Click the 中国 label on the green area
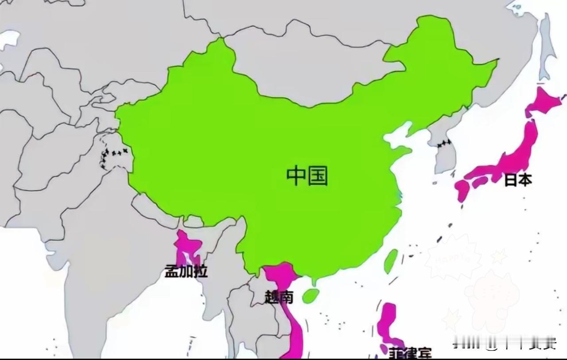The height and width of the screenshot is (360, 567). point(307,176)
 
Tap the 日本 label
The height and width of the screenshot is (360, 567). point(517,180)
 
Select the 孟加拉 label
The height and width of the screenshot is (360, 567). point(186,271)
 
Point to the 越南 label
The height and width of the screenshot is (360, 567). point(279,296)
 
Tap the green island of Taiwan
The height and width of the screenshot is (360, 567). point(390,261)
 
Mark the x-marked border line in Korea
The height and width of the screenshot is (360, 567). point(443,144)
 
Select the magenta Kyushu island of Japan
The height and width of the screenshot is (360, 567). point(462,191)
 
